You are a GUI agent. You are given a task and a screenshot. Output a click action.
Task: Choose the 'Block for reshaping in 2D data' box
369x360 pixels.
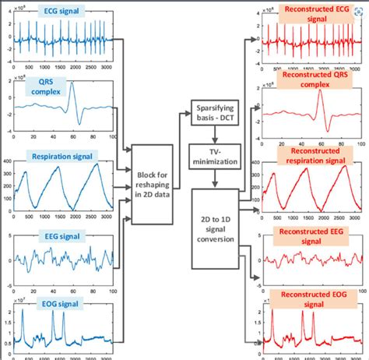point(153,185)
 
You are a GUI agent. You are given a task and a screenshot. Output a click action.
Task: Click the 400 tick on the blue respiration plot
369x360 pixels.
point(11,161)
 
